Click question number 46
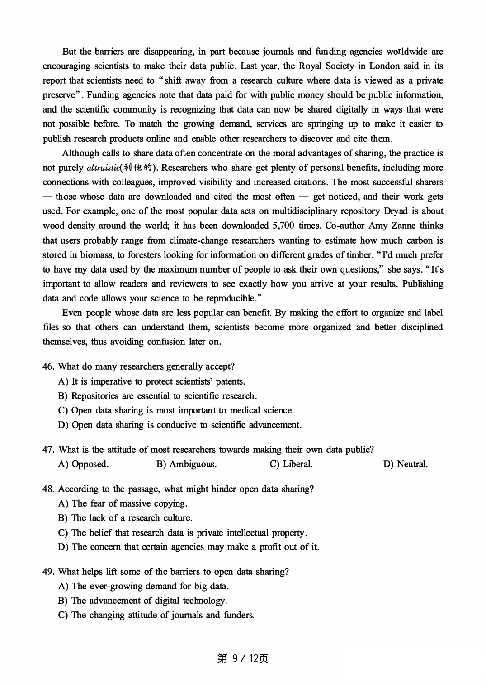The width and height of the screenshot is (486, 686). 48,366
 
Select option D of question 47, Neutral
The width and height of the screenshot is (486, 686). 405,464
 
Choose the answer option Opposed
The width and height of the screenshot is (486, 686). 84,464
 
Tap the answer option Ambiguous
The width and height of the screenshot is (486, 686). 186,464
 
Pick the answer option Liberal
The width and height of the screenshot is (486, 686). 291,464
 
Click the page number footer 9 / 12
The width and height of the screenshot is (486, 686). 243,658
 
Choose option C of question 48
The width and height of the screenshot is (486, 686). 183,532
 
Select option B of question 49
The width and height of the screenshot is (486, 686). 143,601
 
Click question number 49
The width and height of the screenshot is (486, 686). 48,572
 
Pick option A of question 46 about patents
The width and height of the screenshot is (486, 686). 152,381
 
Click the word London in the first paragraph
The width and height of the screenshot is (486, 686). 384,66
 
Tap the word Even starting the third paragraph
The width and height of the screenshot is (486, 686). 72,313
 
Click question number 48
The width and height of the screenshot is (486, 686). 48,489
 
